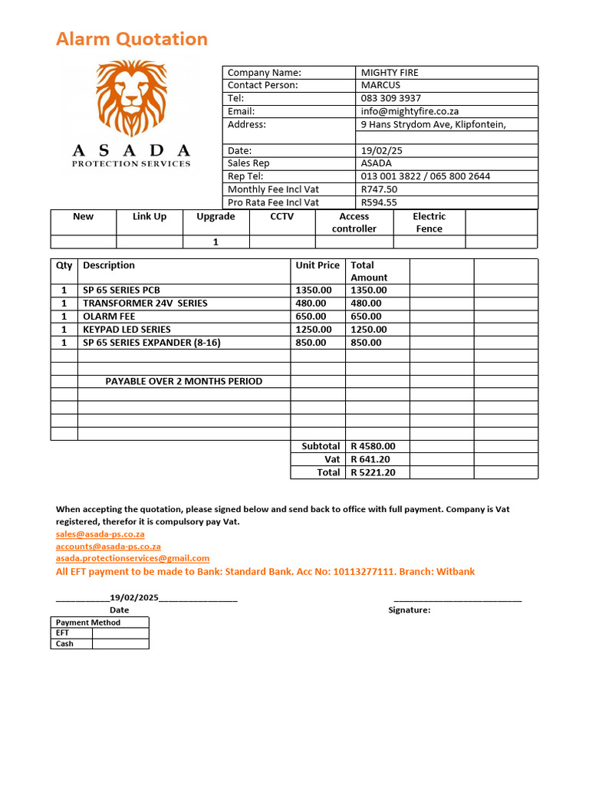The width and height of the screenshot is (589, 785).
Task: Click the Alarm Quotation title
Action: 131,39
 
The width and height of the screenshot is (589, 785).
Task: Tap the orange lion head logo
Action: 131,97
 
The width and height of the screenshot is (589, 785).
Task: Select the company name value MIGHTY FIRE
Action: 390,73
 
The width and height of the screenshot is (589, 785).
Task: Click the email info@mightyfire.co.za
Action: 410,111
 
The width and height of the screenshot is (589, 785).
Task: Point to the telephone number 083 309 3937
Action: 390,98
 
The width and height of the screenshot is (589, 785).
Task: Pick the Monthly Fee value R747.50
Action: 379,189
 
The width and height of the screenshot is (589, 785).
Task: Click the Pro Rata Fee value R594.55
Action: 379,202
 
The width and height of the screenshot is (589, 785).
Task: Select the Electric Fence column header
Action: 429,222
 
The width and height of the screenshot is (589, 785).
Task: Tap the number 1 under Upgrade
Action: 216,242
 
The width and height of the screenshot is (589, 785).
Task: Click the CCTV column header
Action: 281,216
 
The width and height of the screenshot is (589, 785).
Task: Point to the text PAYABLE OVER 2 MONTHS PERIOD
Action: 183,381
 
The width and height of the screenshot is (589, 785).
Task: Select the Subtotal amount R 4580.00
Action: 373,446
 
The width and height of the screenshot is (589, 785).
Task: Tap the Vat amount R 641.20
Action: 370,459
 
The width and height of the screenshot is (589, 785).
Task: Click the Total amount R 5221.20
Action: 373,472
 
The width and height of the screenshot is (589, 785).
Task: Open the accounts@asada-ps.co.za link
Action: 108,547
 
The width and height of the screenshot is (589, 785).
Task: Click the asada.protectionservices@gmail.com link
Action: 132,559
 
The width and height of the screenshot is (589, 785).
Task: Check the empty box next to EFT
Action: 120,633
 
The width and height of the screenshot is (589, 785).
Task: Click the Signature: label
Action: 410,610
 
